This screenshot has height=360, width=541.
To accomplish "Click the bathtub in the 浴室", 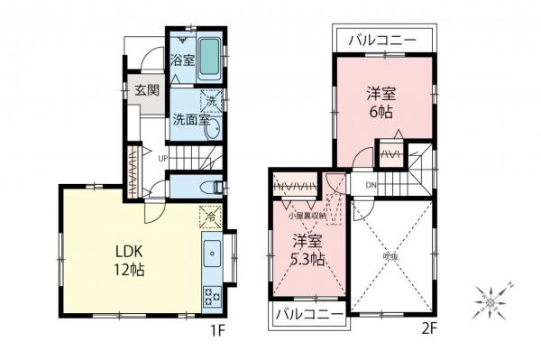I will [208, 58].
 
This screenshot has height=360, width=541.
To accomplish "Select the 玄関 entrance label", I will [147, 90].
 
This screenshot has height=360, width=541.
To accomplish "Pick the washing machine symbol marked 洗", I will [210, 102].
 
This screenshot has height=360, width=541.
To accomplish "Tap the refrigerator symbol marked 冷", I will [209, 217].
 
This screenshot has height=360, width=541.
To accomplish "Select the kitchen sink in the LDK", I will [212, 255].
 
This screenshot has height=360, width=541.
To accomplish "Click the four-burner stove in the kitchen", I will [212, 294].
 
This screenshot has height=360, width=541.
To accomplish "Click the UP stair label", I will [163, 161].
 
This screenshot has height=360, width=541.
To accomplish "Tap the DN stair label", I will [371, 186].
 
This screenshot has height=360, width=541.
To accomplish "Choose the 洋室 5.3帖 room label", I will [308, 251].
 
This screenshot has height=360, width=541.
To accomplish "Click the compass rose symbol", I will [492, 298].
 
